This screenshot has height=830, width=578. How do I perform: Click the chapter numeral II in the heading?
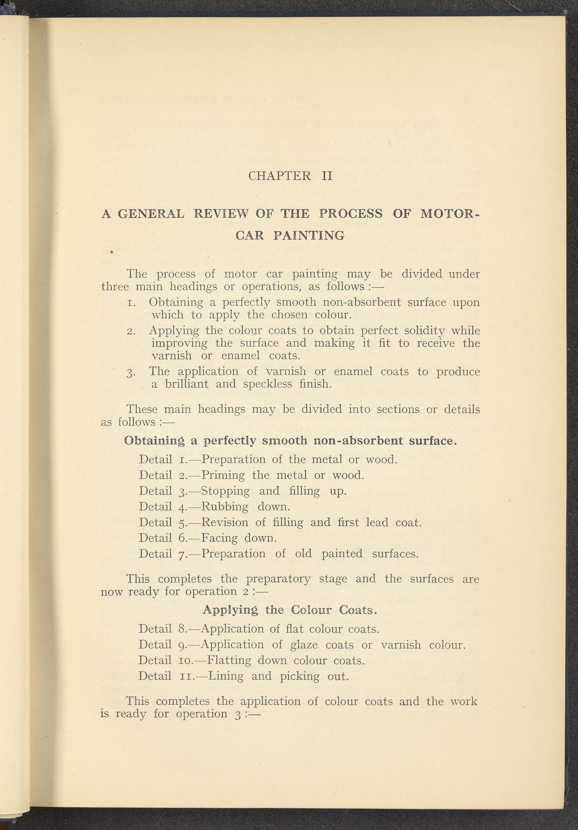327,176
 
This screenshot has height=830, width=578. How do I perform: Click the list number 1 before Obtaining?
131,303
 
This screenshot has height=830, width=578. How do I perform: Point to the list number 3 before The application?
131,372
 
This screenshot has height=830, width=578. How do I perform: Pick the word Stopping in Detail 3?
225,492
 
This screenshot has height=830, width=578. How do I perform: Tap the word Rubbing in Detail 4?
224,507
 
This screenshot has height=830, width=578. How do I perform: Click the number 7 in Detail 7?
181,554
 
